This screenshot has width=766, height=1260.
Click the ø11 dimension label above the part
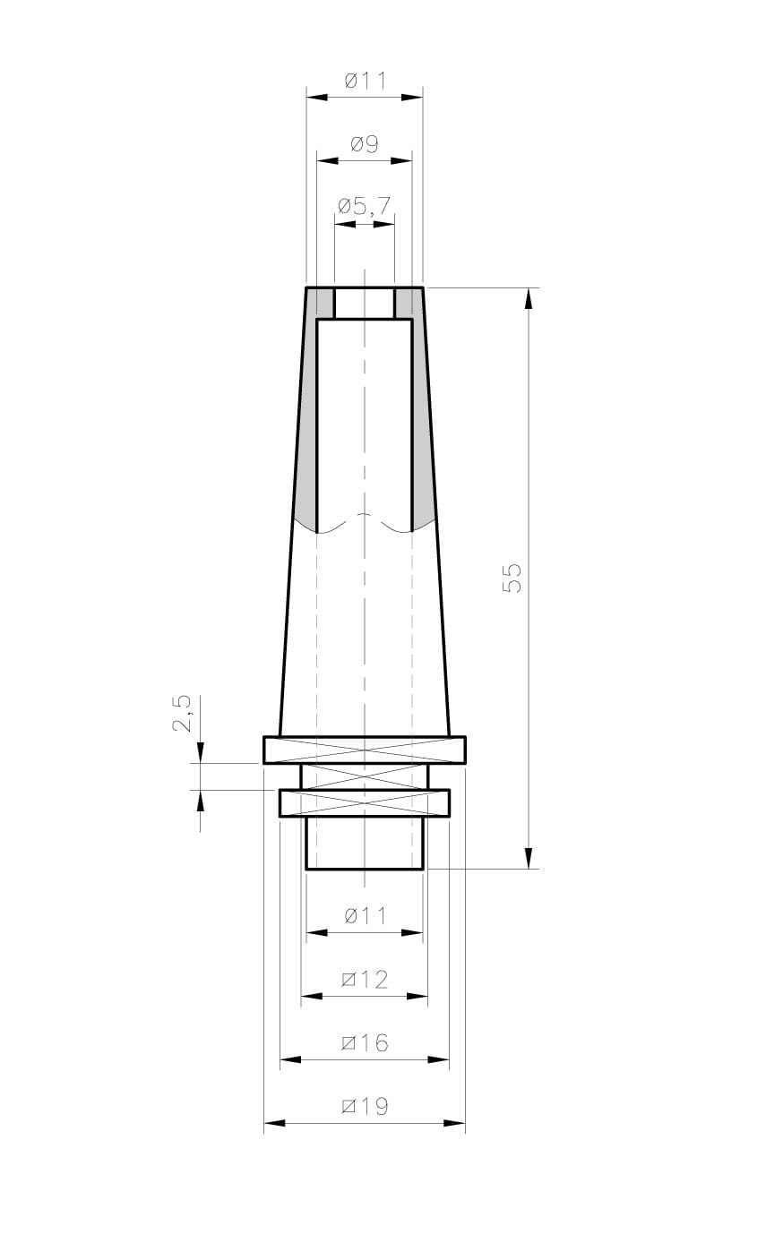[366, 81]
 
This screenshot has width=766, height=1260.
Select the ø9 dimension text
[365, 144]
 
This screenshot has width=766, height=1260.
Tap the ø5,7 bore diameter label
[364, 207]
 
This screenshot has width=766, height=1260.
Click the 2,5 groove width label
[182, 713]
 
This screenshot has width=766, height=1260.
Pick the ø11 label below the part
[366, 916]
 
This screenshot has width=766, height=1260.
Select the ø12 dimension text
[365, 980]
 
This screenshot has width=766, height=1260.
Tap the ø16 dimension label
[365, 1042]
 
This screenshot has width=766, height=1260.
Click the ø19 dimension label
[365, 1107]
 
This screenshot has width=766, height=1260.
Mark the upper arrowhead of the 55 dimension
[528, 298]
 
